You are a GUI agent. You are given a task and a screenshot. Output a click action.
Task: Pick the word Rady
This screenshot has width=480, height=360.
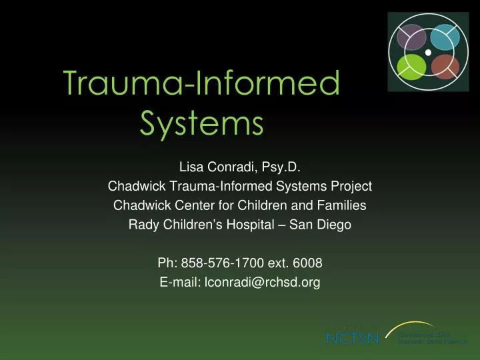143,225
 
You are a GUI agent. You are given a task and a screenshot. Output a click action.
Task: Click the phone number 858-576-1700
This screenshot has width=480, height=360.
217,263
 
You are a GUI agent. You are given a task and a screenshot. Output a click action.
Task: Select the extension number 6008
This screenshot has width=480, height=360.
309,263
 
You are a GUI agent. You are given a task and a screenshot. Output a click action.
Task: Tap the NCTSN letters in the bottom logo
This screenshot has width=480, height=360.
352,338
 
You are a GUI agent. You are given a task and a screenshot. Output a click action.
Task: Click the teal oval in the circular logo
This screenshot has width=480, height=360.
442,37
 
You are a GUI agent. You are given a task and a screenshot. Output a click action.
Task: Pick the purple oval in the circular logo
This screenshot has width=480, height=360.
411,37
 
